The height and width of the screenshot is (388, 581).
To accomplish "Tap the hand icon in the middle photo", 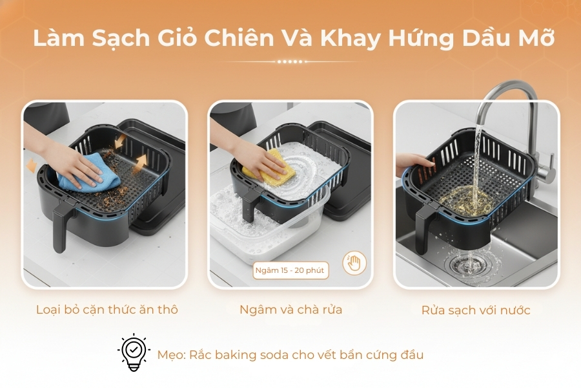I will [354, 263].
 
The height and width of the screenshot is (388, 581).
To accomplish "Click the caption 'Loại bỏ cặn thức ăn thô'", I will [107, 310].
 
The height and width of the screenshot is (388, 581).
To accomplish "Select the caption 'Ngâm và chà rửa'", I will [290, 310].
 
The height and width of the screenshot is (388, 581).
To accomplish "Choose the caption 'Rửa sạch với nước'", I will [476, 310].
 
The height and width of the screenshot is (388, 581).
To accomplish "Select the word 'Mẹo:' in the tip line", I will [171, 355].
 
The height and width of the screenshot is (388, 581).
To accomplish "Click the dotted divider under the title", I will [290, 61].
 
